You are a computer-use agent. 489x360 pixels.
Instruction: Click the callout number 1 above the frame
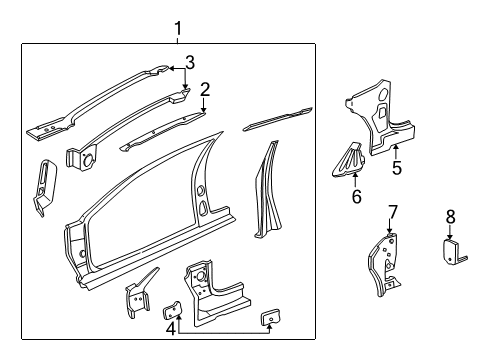[178, 29]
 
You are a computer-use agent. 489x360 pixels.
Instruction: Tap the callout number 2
[205, 90]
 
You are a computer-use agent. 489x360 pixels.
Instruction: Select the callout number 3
[190, 62]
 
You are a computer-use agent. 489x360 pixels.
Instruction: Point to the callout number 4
[171, 329]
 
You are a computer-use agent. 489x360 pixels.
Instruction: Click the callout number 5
[397, 168]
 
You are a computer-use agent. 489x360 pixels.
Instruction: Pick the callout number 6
[357, 196]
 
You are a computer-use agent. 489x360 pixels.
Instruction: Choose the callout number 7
[393, 212]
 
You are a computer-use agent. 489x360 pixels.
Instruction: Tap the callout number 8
[450, 217]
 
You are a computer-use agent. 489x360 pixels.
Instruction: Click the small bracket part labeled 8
[453, 251]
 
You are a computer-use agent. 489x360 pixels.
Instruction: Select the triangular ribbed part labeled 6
[348, 161]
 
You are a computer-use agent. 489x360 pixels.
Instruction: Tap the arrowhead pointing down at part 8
[450, 236]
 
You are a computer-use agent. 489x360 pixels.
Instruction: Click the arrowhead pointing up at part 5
[396, 148]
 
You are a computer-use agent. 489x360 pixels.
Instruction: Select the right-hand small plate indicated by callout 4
[270, 317]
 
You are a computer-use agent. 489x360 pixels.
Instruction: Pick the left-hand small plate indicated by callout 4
[172, 310]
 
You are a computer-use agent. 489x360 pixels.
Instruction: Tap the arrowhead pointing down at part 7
[389, 231]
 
